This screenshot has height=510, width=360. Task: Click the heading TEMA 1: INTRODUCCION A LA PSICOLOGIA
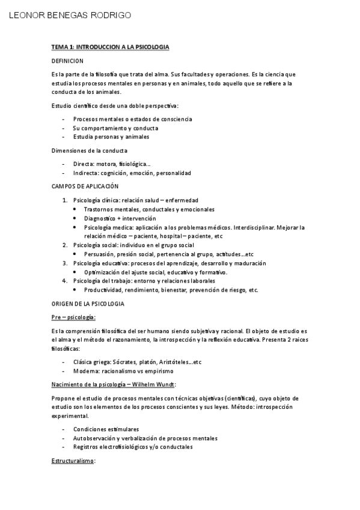(x=110, y=46)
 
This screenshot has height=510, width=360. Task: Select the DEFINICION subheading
(x=67, y=61)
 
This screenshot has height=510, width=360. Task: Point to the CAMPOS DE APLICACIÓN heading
(x=85, y=186)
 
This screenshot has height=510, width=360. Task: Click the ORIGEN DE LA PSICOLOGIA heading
(x=88, y=304)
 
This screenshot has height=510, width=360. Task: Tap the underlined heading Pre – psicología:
(x=74, y=317)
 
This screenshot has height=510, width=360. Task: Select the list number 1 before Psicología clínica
(x=65, y=200)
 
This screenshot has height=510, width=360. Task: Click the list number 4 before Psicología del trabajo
(x=65, y=281)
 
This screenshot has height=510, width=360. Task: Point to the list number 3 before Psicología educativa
(x=65, y=263)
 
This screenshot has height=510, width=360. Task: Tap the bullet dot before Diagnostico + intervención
(x=75, y=218)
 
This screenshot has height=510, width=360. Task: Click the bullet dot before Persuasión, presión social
(x=75, y=254)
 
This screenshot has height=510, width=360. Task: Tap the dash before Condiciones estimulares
(x=64, y=429)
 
